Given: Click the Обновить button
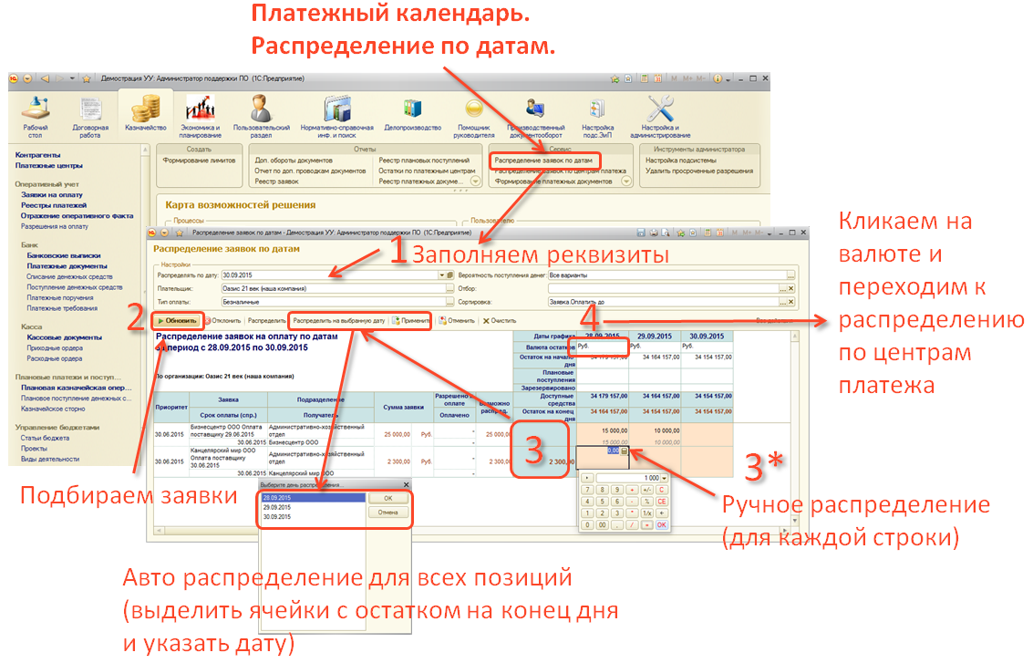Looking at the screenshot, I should (x=175, y=321).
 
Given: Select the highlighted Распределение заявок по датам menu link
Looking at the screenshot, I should (x=543, y=160).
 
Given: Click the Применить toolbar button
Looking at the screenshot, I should (x=411, y=321).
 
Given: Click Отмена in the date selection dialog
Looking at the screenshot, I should (x=388, y=513).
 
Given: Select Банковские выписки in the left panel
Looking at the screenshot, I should (x=64, y=256).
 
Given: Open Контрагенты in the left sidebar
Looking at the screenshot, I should (x=37, y=155).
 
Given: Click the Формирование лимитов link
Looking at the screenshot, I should (x=199, y=160).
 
